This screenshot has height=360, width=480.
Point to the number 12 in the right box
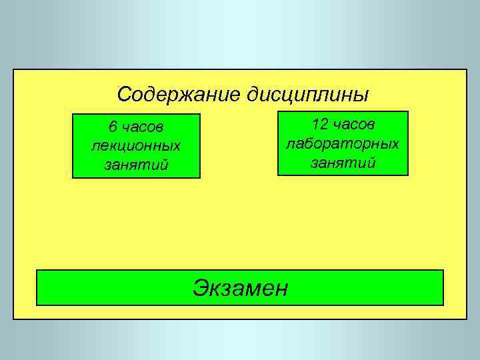[x=321, y=124]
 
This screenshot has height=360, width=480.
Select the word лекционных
[x=136, y=145]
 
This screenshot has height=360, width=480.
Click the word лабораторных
[x=343, y=143]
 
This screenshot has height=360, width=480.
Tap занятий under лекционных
[x=136, y=163]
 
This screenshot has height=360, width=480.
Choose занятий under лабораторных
[x=343, y=161]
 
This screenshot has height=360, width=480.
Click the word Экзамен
[x=240, y=287]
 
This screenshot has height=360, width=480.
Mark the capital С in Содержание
[x=124, y=94]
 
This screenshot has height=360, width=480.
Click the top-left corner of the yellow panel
[x=13, y=69]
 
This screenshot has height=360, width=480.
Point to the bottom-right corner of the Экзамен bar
[x=443, y=305]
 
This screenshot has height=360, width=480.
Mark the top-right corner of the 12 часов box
[x=407, y=111]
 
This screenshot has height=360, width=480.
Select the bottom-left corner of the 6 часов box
[x=73, y=178]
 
